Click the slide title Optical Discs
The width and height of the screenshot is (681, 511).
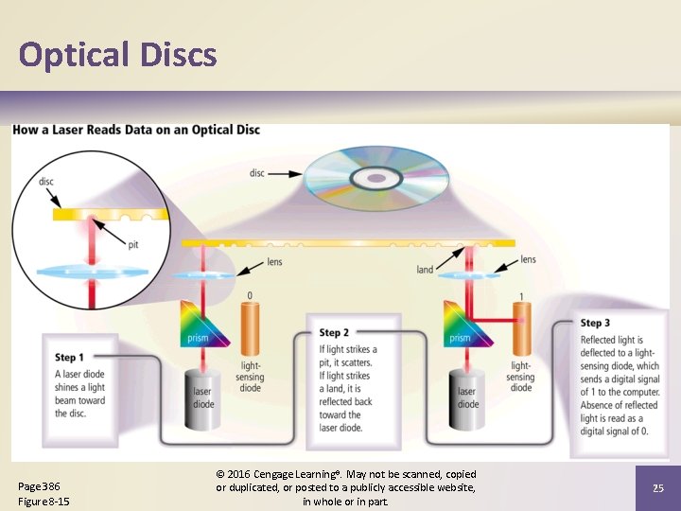(117, 55)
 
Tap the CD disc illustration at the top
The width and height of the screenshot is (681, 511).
(376, 178)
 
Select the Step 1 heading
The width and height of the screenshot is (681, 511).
(70, 358)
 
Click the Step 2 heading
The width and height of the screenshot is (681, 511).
(334, 333)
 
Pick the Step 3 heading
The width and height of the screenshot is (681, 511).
(595, 324)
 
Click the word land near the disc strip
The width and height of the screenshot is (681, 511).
(425, 270)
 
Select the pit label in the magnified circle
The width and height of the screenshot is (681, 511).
(134, 245)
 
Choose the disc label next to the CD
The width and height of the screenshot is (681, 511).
(257, 173)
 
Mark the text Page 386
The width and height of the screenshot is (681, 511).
(38, 486)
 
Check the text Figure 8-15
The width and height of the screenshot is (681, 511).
(44, 501)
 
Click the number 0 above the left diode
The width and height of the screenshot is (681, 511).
(250, 296)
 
